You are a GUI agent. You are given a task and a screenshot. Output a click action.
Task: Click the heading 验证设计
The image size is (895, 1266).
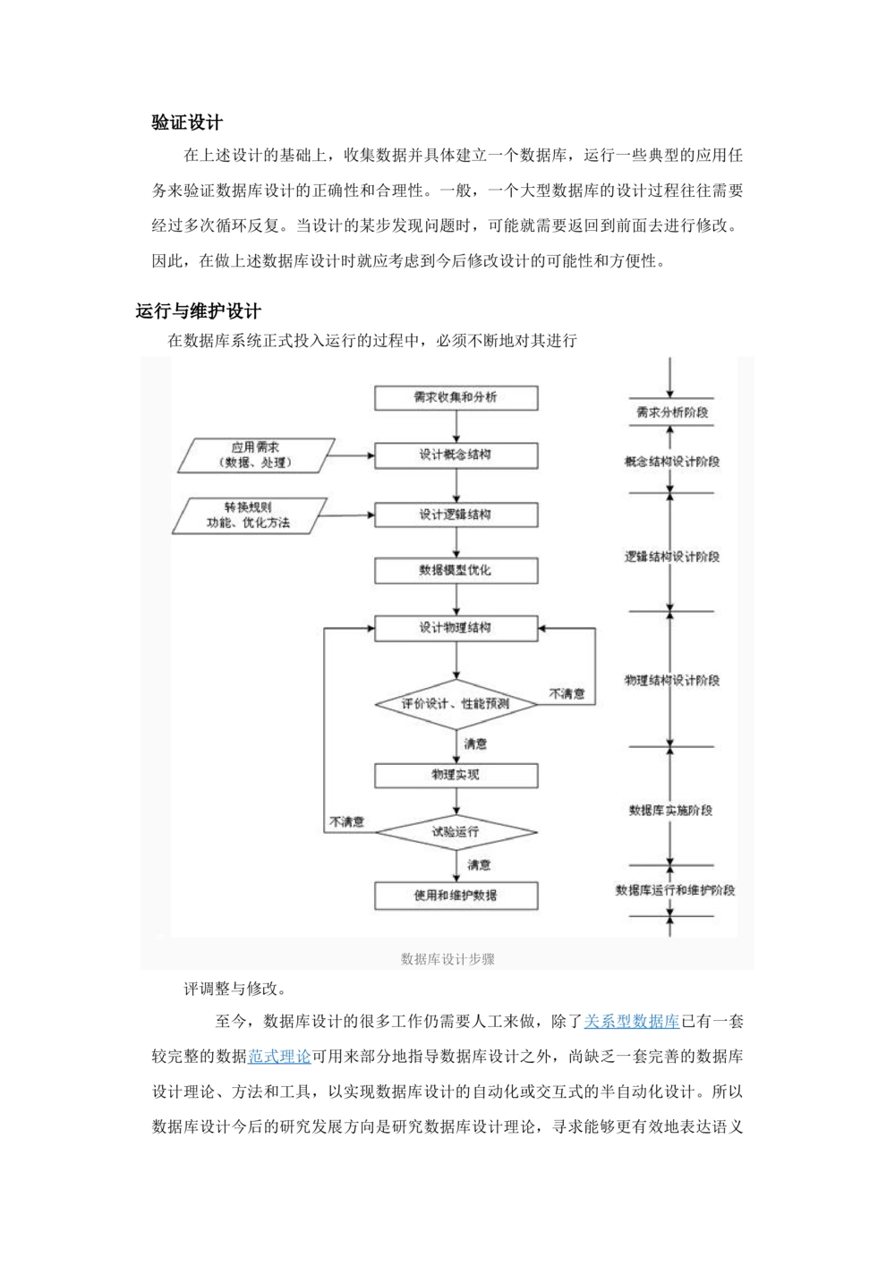(x=187, y=122)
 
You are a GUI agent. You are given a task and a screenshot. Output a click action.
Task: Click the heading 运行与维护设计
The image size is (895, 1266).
(x=198, y=311)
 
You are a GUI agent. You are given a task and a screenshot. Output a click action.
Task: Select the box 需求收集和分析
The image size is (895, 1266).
(x=456, y=397)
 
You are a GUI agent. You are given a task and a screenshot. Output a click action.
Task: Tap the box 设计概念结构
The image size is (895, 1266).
(x=456, y=455)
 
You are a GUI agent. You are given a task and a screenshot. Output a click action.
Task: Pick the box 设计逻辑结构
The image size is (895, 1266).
(x=456, y=514)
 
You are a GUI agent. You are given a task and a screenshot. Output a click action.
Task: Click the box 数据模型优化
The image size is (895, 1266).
(x=456, y=570)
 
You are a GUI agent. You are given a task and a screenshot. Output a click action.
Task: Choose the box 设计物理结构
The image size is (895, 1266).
(x=456, y=627)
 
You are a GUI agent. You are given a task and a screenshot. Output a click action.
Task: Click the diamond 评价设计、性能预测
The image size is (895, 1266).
(x=456, y=704)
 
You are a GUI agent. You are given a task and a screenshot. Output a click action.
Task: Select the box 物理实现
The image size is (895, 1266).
(x=456, y=775)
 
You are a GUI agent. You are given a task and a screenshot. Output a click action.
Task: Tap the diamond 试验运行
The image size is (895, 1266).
(x=456, y=832)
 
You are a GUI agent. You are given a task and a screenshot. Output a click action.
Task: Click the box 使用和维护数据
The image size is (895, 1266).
(x=456, y=896)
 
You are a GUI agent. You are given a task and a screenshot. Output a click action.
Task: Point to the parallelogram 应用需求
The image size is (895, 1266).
(x=256, y=455)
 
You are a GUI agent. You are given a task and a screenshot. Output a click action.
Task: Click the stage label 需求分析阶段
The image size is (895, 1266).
(x=671, y=412)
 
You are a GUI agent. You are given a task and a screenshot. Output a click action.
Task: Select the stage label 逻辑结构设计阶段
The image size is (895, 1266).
(x=671, y=557)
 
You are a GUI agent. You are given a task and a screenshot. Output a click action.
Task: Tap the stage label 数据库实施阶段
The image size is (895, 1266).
(x=671, y=811)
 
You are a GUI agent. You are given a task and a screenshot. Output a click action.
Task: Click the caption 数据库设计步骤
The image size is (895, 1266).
(x=447, y=959)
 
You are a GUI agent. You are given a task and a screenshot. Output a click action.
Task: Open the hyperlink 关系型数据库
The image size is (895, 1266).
(x=632, y=1021)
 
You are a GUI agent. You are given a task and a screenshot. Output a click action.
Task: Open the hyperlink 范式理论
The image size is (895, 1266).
(x=279, y=1057)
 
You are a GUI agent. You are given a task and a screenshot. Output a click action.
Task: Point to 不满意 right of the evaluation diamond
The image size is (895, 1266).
(x=567, y=693)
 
